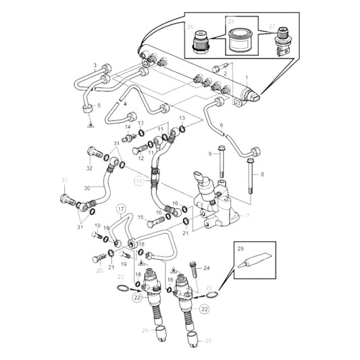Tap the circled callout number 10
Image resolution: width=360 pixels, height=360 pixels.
140,181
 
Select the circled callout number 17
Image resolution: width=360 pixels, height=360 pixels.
120,209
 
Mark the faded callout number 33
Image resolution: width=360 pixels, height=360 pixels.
65,180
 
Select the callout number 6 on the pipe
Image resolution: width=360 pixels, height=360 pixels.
222,126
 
